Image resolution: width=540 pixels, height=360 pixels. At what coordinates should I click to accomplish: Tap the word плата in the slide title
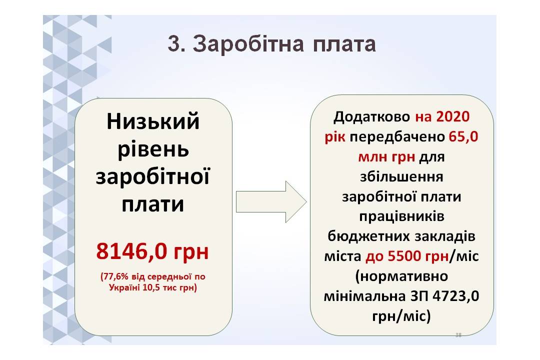pyautogui.click(x=344, y=45)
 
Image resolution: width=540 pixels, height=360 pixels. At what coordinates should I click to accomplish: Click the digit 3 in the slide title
pyautogui.click(x=174, y=44)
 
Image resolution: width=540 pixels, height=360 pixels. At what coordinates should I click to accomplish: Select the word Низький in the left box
pyautogui.click(x=153, y=121)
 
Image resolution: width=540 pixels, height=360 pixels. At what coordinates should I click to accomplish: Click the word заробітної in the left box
pyautogui.click(x=152, y=176)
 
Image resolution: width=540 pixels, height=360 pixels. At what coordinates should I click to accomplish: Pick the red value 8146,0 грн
pyautogui.click(x=152, y=251)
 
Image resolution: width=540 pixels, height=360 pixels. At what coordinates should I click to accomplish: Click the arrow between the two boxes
pyautogui.click(x=271, y=201)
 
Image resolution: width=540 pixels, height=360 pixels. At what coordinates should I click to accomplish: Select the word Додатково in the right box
pyautogui.click(x=371, y=117)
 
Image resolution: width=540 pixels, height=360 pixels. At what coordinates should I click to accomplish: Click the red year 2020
pyautogui.click(x=452, y=117)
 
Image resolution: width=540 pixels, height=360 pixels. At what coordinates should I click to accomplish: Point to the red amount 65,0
pyautogui.click(x=463, y=137)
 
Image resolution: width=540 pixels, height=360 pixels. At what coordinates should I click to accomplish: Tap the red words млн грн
pyautogui.click(x=386, y=157)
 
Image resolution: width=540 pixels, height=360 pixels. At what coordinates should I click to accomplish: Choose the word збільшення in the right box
pyautogui.click(x=401, y=176)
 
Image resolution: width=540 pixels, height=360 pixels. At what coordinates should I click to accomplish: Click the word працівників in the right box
pyautogui.click(x=401, y=216)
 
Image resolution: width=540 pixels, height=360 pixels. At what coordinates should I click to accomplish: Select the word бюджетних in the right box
pyautogui.click(x=368, y=236)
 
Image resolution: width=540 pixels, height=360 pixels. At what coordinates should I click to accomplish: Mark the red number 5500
pyautogui.click(x=404, y=256)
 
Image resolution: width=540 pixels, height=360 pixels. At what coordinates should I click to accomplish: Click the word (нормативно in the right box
pyautogui.click(x=401, y=276)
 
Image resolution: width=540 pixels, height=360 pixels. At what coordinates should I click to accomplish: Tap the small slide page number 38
pyautogui.click(x=458, y=335)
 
